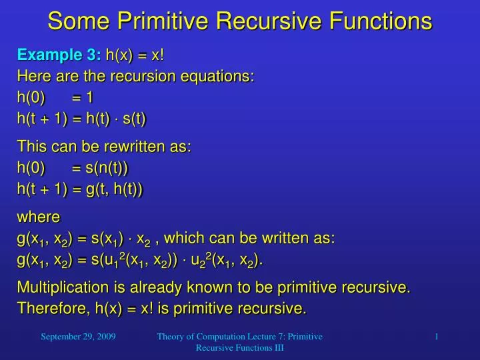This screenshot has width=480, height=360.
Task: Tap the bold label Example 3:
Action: tap(59, 55)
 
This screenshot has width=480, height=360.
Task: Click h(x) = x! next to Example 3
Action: tap(135, 55)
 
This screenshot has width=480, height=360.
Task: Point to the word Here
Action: tap(34, 76)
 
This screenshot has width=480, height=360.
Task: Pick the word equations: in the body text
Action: tap(217, 76)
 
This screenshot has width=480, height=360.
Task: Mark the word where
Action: tap(38, 217)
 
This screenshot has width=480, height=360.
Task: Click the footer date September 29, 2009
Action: tap(78, 337)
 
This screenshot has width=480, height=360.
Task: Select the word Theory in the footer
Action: tap(171, 337)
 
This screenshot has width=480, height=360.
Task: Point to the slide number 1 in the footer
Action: tap(436, 337)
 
